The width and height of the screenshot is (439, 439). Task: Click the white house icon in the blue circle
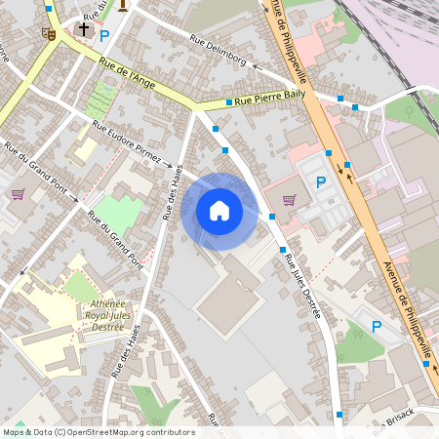(x=219, y=210)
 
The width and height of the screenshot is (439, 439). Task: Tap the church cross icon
(x=84, y=30)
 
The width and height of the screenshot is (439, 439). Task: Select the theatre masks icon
(x=48, y=33)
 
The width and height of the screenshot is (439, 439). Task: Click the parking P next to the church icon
(x=104, y=34)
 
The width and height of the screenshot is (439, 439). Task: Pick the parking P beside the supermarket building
(x=321, y=181)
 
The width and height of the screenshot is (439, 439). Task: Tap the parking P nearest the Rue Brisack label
(x=377, y=326)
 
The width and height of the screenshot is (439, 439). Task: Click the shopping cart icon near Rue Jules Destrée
(x=289, y=199)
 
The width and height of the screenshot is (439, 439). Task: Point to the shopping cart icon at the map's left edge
(x=18, y=193)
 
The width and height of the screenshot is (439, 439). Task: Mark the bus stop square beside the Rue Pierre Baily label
(x=228, y=101)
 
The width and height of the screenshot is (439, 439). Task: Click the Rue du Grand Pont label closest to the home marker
(x=115, y=237)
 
